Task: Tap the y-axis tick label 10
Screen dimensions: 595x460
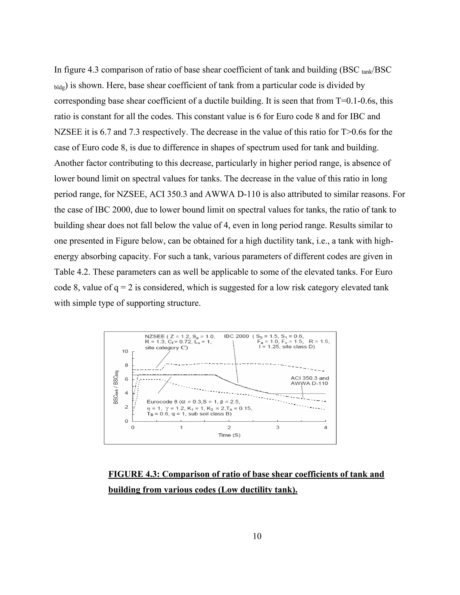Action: [125, 351]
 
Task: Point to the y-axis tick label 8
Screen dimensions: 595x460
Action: [126, 365]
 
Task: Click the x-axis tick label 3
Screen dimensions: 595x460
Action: [277, 428]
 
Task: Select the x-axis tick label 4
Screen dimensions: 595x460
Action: [325, 428]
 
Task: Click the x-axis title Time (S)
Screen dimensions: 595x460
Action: [229, 435]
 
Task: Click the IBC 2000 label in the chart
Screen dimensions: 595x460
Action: [236, 336]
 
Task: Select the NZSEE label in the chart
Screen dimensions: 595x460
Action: [155, 336]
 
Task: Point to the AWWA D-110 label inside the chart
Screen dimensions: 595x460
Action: [309, 383]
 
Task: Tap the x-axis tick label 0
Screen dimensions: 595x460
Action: [133, 428]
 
